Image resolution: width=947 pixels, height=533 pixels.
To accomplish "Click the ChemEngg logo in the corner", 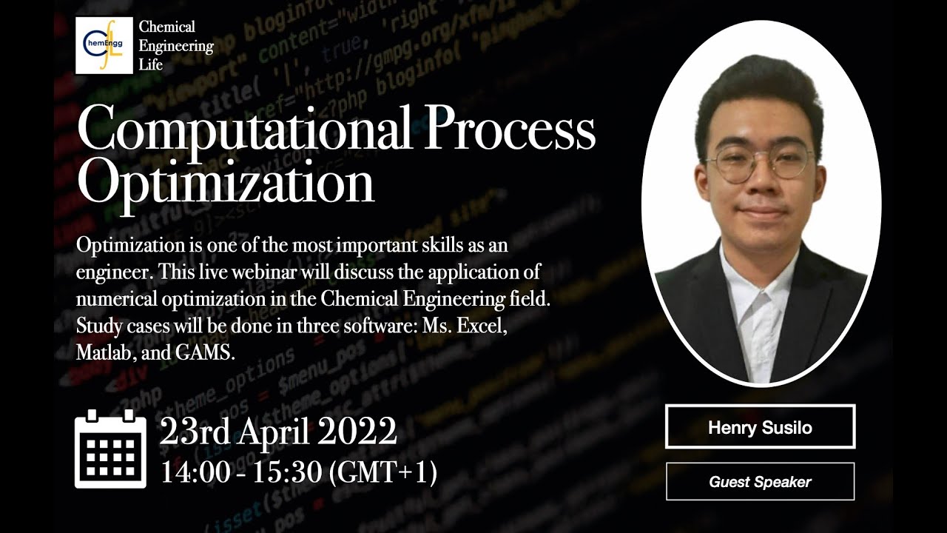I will click(x=104, y=45).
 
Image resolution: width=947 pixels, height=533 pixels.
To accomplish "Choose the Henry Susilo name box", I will click(x=760, y=427).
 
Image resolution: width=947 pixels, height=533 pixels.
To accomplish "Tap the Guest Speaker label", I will click(x=760, y=482).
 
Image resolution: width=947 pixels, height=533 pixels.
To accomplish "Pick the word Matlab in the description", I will click(x=104, y=352).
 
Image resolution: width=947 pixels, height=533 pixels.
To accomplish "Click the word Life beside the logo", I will click(x=150, y=65).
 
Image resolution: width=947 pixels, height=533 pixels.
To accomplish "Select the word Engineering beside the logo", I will click(x=176, y=46).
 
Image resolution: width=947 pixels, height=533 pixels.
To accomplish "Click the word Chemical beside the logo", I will click(x=167, y=27).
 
